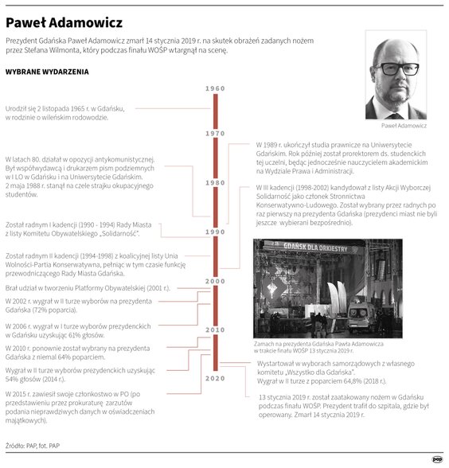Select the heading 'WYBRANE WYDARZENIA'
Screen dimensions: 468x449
47,72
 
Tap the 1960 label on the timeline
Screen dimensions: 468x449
215,88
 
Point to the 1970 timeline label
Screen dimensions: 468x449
215,134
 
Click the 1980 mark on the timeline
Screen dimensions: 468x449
215,182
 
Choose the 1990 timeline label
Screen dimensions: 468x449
215,232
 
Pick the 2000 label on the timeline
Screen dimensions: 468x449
215,282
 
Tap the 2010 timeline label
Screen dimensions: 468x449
215,330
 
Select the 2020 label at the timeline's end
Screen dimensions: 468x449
215,378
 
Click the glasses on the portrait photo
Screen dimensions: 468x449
396,70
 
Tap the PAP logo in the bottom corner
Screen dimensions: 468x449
437,458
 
